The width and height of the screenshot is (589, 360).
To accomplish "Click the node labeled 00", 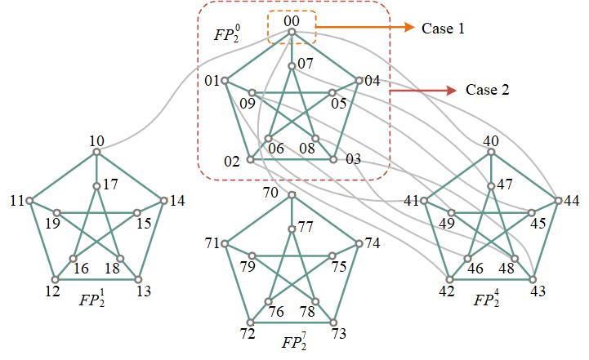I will point(292,33).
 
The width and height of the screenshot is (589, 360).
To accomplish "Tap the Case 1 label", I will point(443,28).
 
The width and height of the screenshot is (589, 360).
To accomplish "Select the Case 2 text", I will point(487,90).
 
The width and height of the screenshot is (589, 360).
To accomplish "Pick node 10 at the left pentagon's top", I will point(96,152).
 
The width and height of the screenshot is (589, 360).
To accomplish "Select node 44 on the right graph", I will point(558,200).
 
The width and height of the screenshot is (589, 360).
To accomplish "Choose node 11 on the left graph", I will point(29,200).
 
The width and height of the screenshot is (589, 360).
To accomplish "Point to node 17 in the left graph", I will point(96,185).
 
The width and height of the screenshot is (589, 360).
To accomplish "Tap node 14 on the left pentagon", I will point(163,200).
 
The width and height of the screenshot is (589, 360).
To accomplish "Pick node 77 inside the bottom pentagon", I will point(292,229).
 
